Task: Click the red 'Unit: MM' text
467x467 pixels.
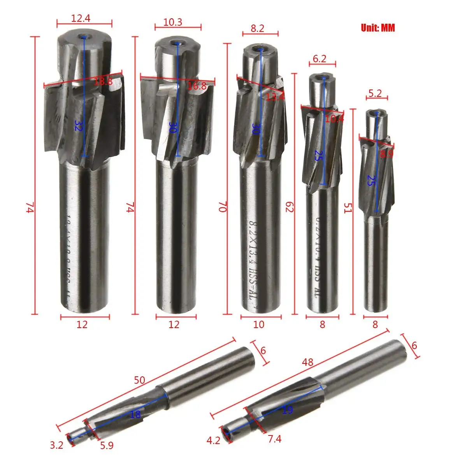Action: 377,28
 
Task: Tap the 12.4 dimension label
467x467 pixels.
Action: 81,18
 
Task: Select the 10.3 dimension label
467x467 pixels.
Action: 173,22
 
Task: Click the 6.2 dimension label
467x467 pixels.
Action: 320,59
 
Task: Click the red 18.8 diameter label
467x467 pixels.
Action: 103,81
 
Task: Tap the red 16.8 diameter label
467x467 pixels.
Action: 197,86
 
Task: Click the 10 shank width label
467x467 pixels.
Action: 258,324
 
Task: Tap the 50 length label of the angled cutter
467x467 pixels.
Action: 139,380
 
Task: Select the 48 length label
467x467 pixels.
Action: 308,362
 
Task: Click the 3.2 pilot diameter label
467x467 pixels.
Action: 56,444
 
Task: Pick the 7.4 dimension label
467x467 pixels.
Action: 274,439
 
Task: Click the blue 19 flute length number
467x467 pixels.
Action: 287,410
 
